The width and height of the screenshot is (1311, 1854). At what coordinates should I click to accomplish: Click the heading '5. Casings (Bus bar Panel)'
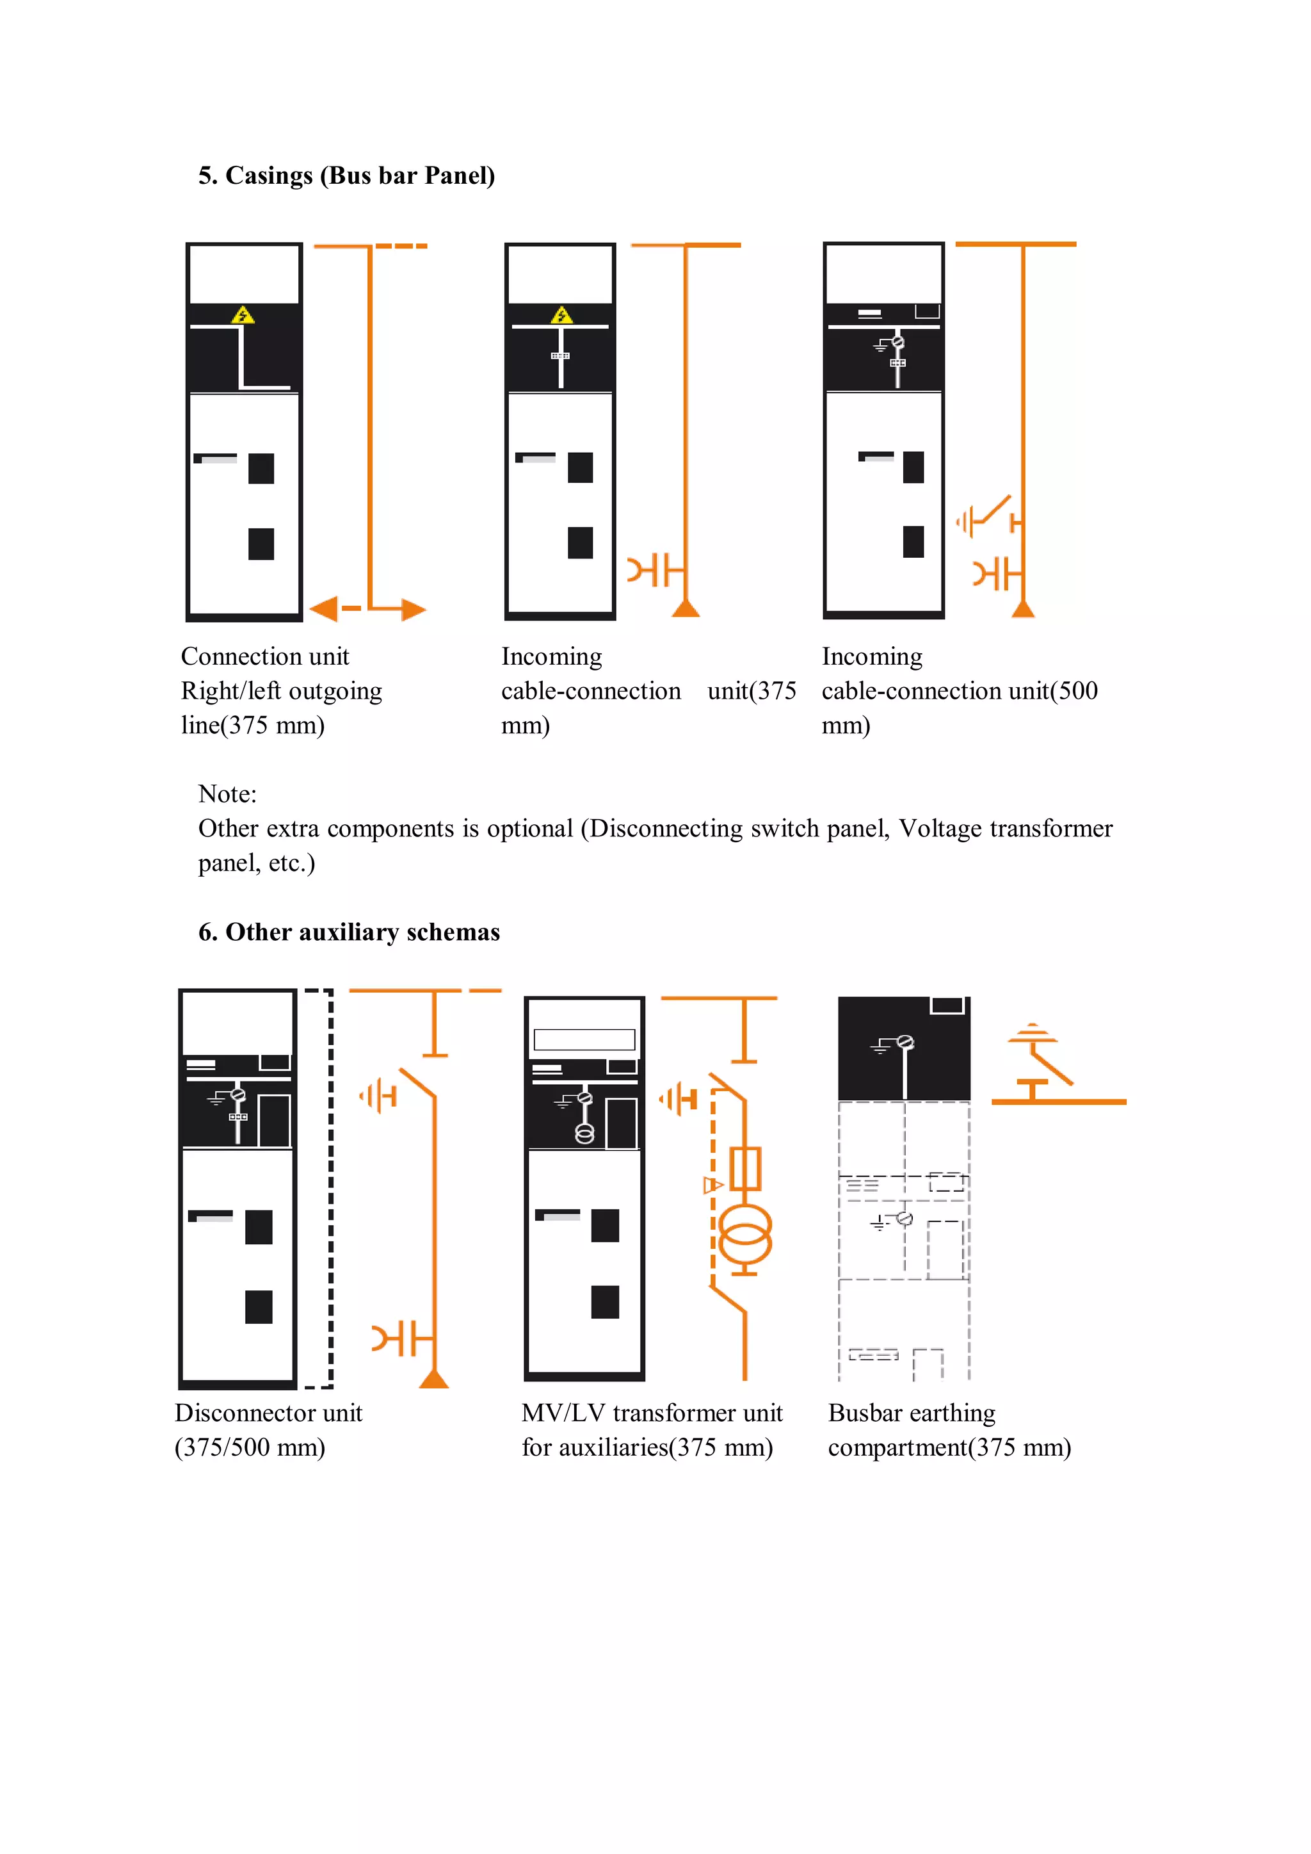tap(346, 175)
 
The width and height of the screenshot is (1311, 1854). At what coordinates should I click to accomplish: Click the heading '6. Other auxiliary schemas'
tap(349, 932)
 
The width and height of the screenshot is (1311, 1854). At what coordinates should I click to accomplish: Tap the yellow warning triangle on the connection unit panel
tap(243, 316)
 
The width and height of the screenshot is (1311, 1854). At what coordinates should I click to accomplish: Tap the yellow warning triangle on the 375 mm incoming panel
tap(562, 316)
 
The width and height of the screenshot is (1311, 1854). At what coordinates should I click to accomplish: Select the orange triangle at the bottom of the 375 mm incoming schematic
tap(686, 608)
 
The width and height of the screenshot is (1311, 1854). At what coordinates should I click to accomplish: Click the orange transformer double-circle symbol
tap(744, 1235)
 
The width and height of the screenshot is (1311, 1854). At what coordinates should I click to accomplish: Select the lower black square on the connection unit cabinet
tap(261, 544)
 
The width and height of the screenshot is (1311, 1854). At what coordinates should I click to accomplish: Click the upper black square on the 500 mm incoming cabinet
tap(913, 467)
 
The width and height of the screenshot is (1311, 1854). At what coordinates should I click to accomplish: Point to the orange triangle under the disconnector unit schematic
tap(434, 1379)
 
